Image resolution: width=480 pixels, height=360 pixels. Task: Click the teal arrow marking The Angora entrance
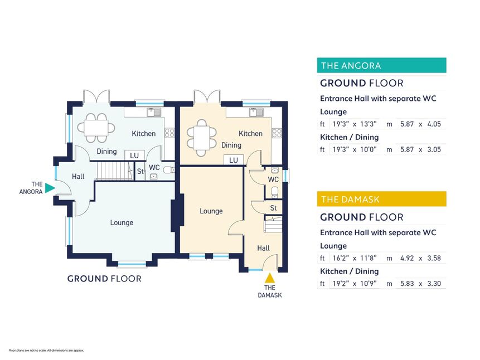tap(49, 188)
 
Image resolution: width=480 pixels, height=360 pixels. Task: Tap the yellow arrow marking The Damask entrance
tap(269, 278)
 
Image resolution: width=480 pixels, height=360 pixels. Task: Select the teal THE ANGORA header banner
tap(381, 65)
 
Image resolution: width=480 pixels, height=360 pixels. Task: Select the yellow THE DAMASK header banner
tap(381, 200)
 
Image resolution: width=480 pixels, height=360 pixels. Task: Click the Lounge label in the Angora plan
tap(122, 222)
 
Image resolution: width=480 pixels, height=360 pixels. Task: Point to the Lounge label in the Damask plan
tap(211, 211)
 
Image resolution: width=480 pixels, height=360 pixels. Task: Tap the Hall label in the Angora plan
tap(78, 176)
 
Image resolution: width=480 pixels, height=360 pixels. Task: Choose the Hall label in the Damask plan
tap(263, 248)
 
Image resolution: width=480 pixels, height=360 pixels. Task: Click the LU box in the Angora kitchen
tap(134, 155)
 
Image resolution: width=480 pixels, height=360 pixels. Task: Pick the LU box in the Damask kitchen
tap(234, 160)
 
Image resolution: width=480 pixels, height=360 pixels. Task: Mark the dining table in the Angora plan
tap(96, 128)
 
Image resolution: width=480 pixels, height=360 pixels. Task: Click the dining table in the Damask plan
tap(202, 138)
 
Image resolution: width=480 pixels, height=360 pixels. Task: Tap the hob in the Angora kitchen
tap(169, 133)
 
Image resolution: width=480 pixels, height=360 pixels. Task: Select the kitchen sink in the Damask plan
tap(256, 113)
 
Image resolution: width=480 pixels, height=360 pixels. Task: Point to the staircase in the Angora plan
tap(115, 171)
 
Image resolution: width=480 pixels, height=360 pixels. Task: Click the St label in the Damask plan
tap(273, 208)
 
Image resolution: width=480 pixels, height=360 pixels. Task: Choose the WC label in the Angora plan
tap(154, 167)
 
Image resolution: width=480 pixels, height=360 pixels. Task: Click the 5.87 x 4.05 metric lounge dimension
tap(420, 124)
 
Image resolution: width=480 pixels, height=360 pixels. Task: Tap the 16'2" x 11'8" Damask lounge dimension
tap(355, 258)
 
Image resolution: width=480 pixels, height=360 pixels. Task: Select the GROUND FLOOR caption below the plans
tap(104, 279)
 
